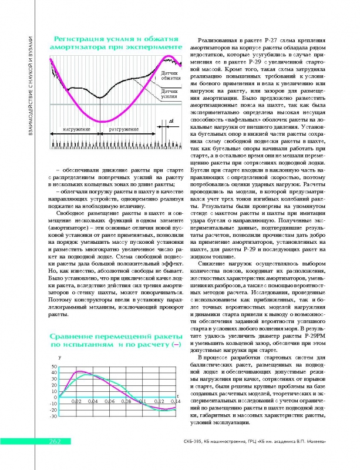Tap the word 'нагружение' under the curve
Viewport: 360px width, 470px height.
[76, 128]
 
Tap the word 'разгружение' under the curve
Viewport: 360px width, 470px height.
[123, 128]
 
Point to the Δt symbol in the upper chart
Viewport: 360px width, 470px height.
[170, 120]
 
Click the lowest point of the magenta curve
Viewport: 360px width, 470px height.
[100, 121]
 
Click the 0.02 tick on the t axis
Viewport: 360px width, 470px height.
[76, 401]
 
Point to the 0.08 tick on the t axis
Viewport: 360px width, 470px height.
[126, 401]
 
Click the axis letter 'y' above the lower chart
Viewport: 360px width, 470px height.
[59, 358]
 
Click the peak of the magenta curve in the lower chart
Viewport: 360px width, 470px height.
[80, 371]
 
